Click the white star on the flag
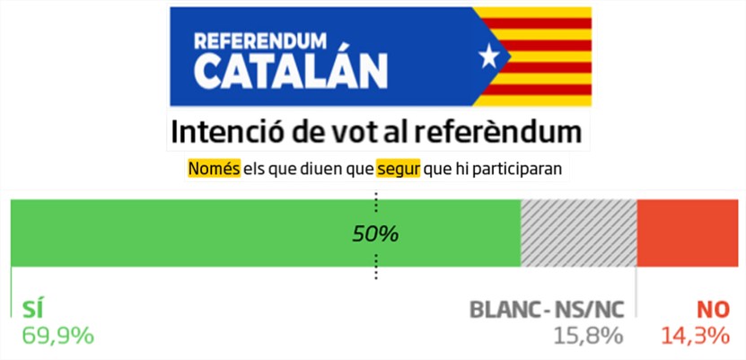[488, 57]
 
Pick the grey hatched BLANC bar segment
[578, 233]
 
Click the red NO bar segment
[689, 233]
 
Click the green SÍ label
[33, 310]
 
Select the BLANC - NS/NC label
[547, 310]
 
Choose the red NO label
[713, 310]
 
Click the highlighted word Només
[214, 168]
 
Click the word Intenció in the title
[223, 131]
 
